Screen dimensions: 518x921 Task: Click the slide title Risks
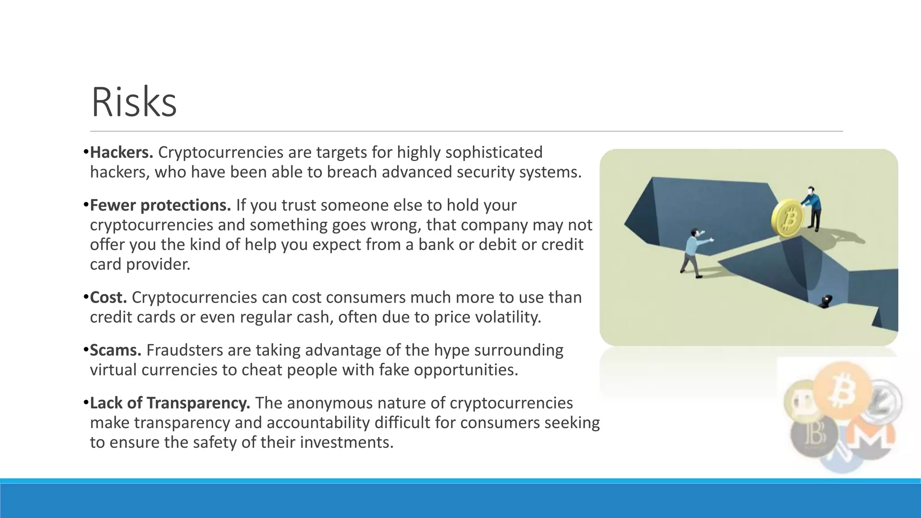coord(134,103)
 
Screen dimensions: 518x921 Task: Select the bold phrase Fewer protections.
coord(160,205)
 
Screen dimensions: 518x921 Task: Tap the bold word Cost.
coord(108,297)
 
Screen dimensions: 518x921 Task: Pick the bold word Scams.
coord(116,350)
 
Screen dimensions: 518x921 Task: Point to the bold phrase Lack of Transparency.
coord(170,403)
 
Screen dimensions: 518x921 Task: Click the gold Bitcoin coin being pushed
coord(788,219)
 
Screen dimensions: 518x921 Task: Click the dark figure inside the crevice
coord(826,301)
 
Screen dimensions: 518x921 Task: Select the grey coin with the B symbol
coord(814,434)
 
